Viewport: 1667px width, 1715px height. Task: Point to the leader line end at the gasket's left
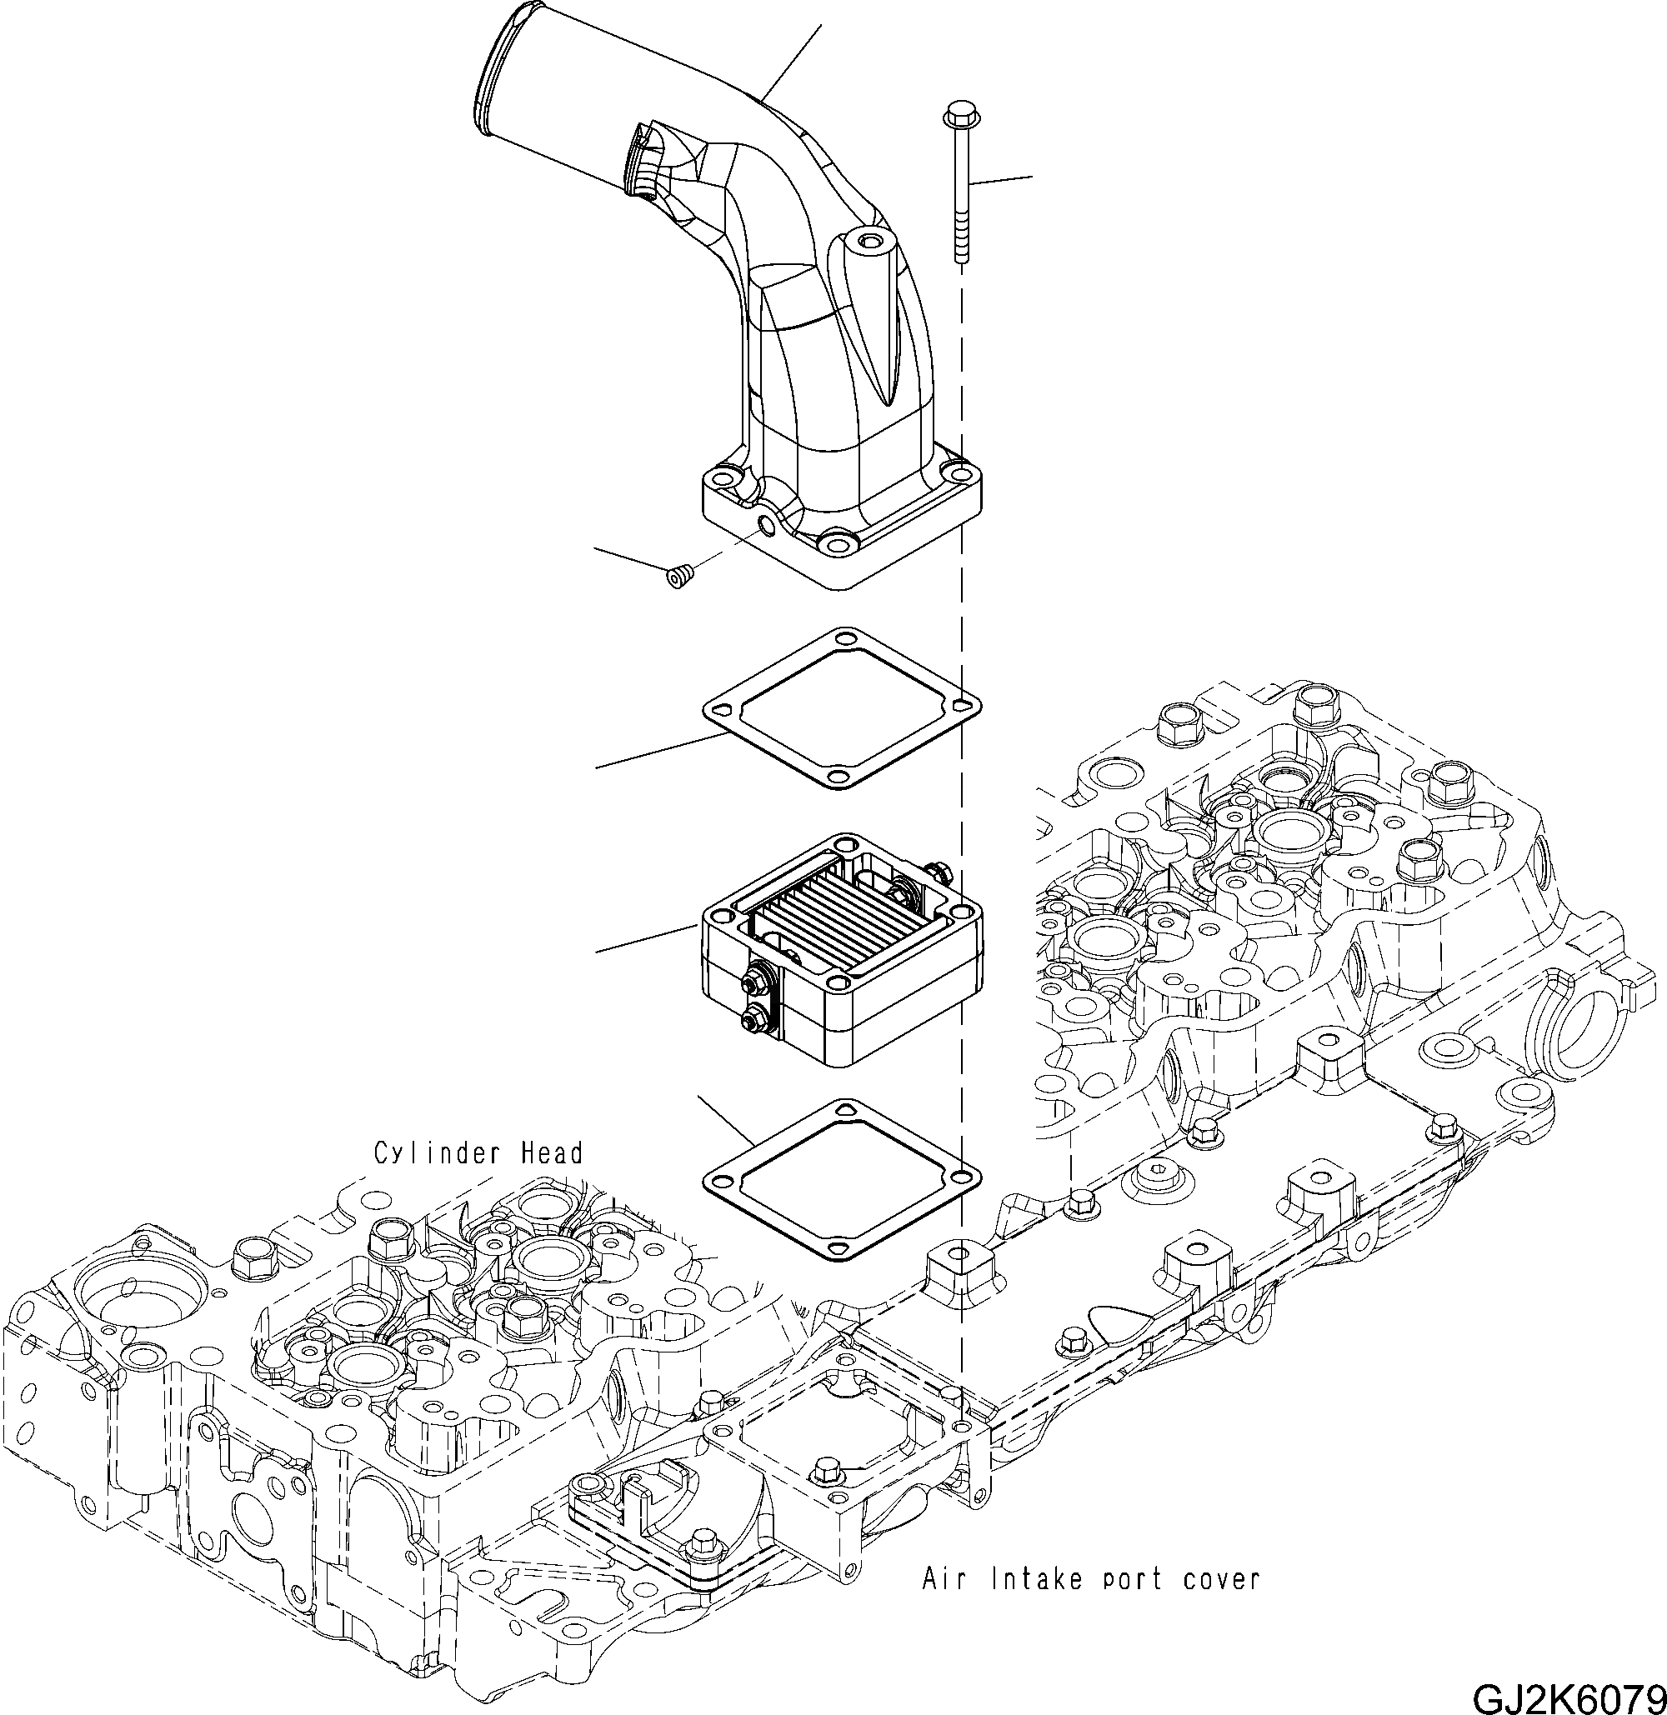[598, 767]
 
